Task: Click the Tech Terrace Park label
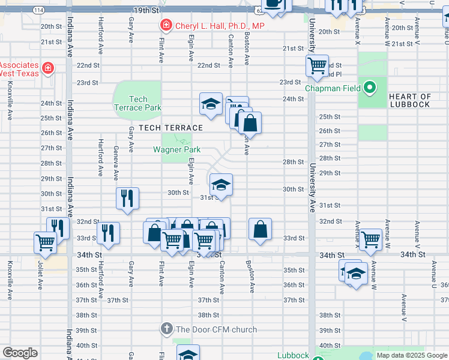(x=137, y=103)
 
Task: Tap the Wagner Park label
(x=176, y=149)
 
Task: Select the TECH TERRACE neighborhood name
(x=170, y=128)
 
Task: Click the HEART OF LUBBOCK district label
(x=409, y=100)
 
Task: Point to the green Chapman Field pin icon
(x=370, y=88)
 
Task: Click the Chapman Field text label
(x=332, y=88)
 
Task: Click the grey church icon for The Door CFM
(x=167, y=329)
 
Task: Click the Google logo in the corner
(x=20, y=353)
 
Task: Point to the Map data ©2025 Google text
(x=412, y=355)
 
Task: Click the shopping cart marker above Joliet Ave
(x=46, y=242)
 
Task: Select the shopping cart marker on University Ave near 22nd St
(x=317, y=64)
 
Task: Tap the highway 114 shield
(x=38, y=10)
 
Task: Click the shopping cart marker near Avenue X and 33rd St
(x=371, y=238)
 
